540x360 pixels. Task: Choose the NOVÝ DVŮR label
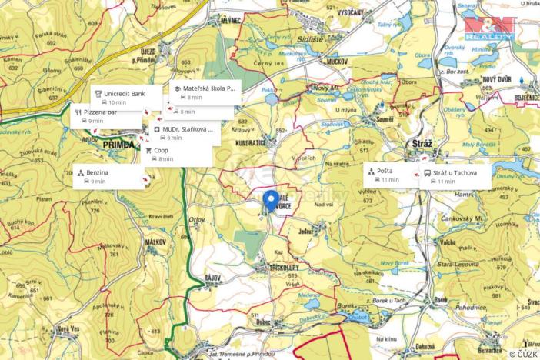(496, 79)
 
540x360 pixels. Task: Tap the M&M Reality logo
(488, 28)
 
